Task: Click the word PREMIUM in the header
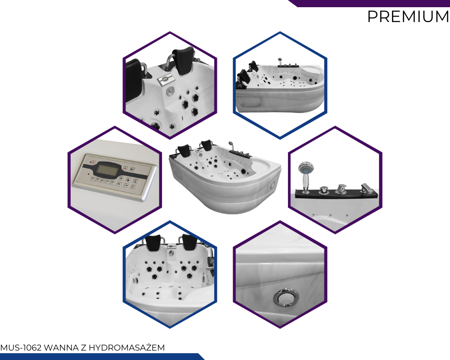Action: click(408, 17)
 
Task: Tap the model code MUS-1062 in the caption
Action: click(21, 348)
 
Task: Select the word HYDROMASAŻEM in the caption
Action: click(127, 348)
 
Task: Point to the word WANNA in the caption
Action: click(61, 348)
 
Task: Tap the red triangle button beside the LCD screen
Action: click(126, 168)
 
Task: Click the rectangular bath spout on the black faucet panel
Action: click(366, 189)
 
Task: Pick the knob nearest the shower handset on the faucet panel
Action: click(324, 190)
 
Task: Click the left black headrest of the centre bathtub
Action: click(184, 150)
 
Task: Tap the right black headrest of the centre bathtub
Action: click(207, 145)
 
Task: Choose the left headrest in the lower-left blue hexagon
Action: click(153, 243)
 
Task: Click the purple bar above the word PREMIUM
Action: click(369, 3)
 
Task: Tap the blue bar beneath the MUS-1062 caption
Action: click(102, 356)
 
